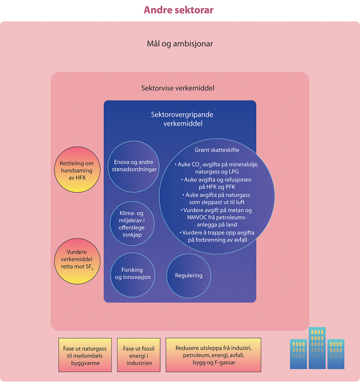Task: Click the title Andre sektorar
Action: [x=179, y=10]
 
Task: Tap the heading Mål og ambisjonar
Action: [x=180, y=44]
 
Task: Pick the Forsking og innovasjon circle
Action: [x=132, y=273]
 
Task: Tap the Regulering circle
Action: [x=189, y=276]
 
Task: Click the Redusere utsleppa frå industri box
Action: [x=213, y=355]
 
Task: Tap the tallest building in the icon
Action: [x=317, y=348]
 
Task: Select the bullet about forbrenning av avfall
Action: [x=217, y=236]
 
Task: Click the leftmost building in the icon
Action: [x=298, y=354]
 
